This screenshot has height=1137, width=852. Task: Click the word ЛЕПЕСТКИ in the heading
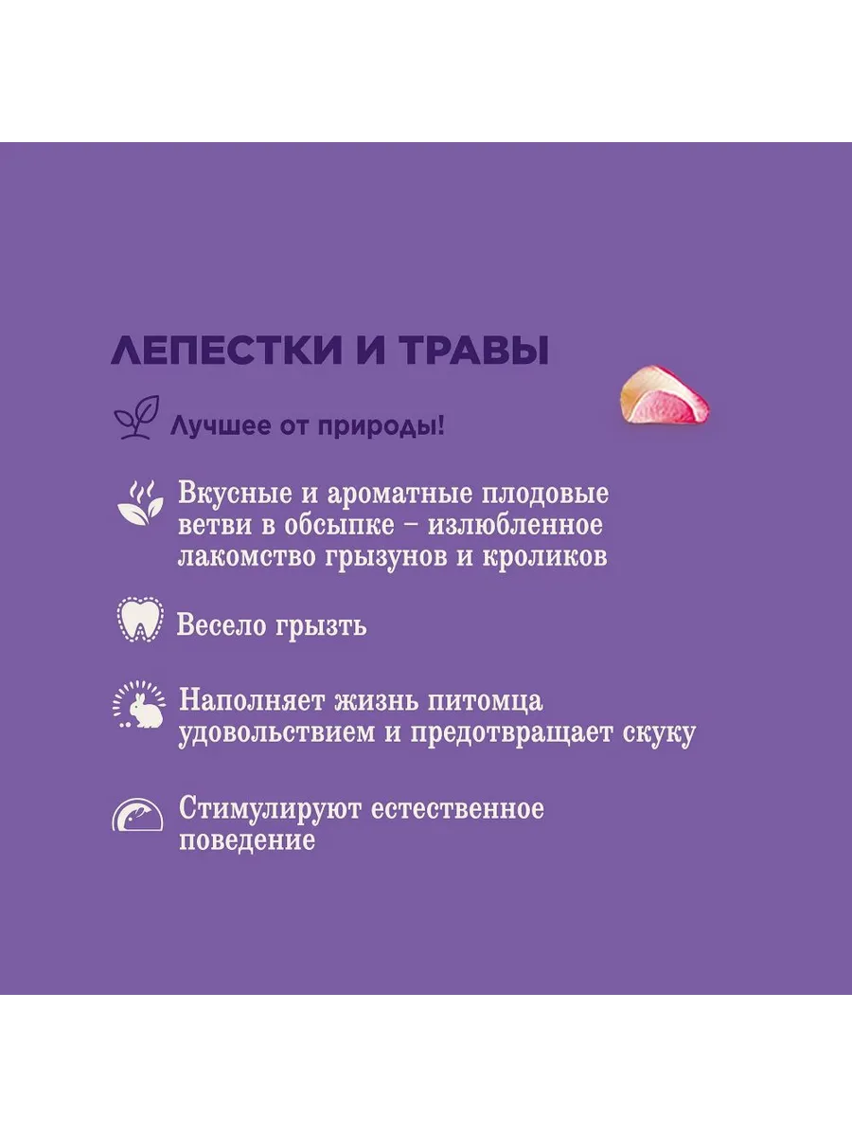(227, 351)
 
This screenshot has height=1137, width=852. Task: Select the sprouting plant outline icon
(136, 418)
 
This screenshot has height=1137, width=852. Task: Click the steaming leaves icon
(140, 503)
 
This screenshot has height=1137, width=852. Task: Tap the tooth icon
(140, 619)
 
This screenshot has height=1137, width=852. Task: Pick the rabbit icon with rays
(139, 706)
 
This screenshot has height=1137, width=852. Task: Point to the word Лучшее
(221, 426)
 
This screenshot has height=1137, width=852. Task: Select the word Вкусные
(235, 495)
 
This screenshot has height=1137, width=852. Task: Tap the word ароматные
(399, 494)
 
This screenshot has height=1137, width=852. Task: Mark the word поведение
(247, 840)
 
